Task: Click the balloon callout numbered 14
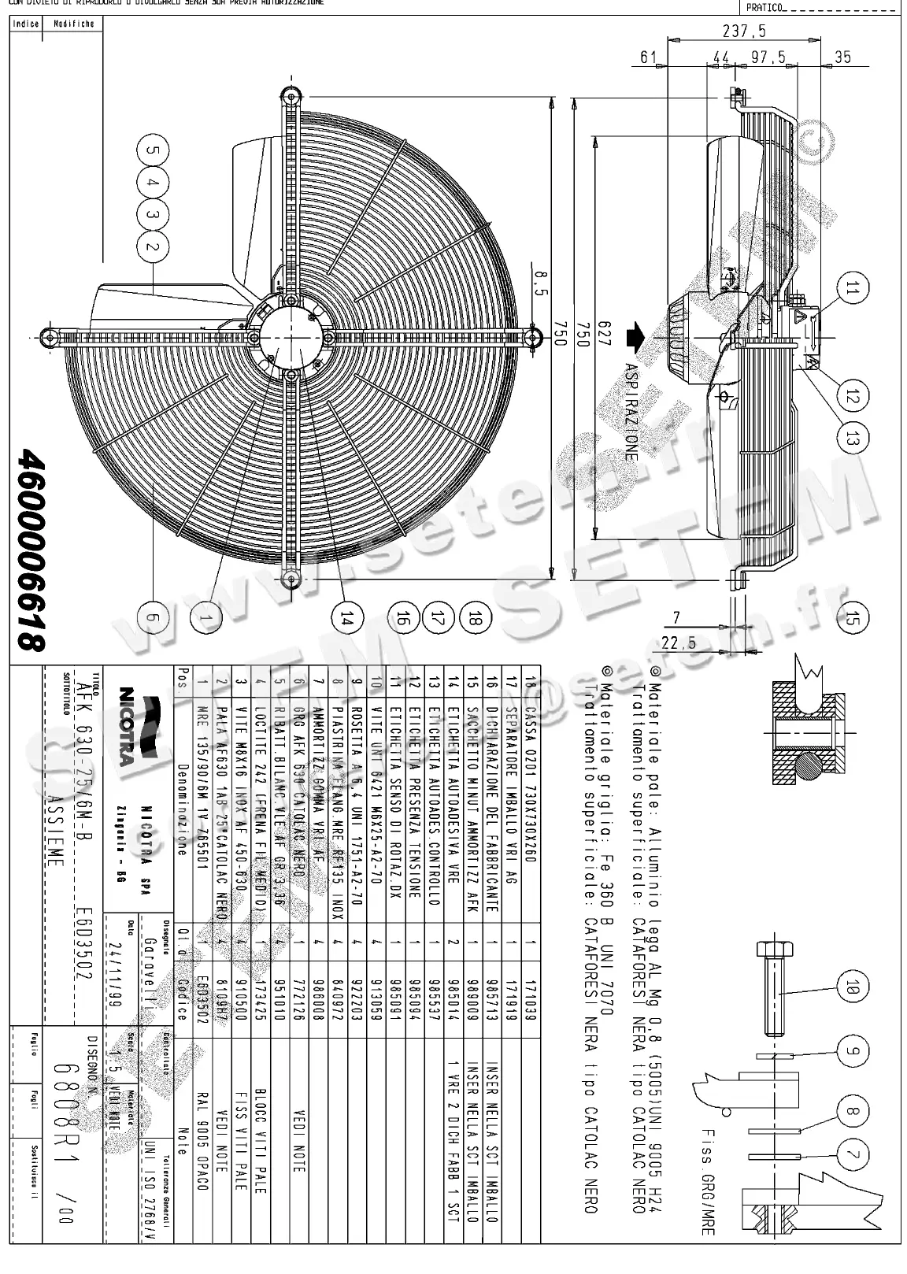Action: (x=343, y=619)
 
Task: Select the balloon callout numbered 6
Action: (x=154, y=618)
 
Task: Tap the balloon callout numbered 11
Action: (x=850, y=289)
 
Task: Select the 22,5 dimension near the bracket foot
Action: (x=679, y=643)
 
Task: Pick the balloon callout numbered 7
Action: (x=850, y=1156)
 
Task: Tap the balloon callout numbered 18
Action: (x=474, y=619)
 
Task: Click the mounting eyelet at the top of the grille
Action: (x=291, y=93)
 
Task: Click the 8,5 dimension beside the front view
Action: (x=539, y=281)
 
